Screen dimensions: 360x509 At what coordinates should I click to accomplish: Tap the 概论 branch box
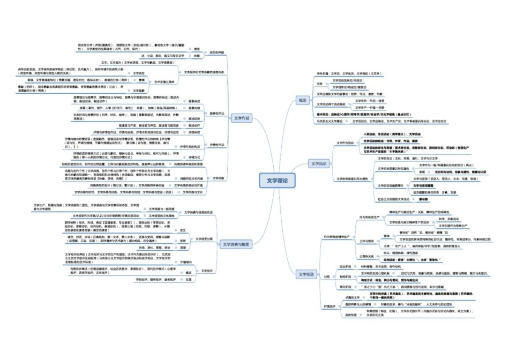click(303, 100)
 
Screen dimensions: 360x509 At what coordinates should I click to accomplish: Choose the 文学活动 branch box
click(319, 163)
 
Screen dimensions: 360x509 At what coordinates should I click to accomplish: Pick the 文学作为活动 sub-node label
click(345, 143)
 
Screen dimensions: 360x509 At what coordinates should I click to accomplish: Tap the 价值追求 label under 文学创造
click(330, 306)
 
